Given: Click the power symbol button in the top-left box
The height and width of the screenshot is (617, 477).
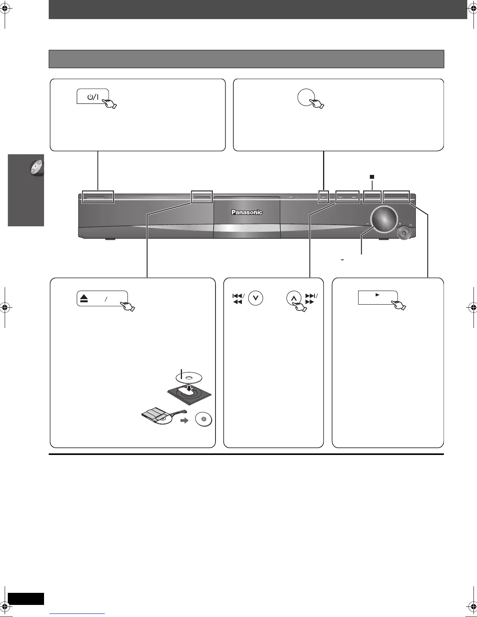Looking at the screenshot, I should (x=92, y=97).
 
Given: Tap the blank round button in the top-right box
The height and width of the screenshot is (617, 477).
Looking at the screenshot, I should (x=306, y=97).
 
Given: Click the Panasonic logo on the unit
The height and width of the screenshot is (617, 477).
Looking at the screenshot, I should (x=247, y=212).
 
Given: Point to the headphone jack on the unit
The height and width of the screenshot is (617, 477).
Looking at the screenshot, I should (x=405, y=233).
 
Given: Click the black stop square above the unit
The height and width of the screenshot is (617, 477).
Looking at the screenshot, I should (x=372, y=177).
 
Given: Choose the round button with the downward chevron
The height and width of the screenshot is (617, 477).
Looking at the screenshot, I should (x=256, y=299).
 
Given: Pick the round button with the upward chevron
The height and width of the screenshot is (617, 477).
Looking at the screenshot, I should (x=294, y=299).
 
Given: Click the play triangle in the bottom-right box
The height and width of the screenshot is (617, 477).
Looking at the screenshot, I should (x=377, y=295).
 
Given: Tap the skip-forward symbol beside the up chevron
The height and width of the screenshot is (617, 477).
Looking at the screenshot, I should (x=311, y=299).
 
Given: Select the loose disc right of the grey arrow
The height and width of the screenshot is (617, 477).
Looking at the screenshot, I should (x=204, y=420).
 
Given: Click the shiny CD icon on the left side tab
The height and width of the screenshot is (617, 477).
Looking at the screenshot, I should (x=37, y=168).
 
